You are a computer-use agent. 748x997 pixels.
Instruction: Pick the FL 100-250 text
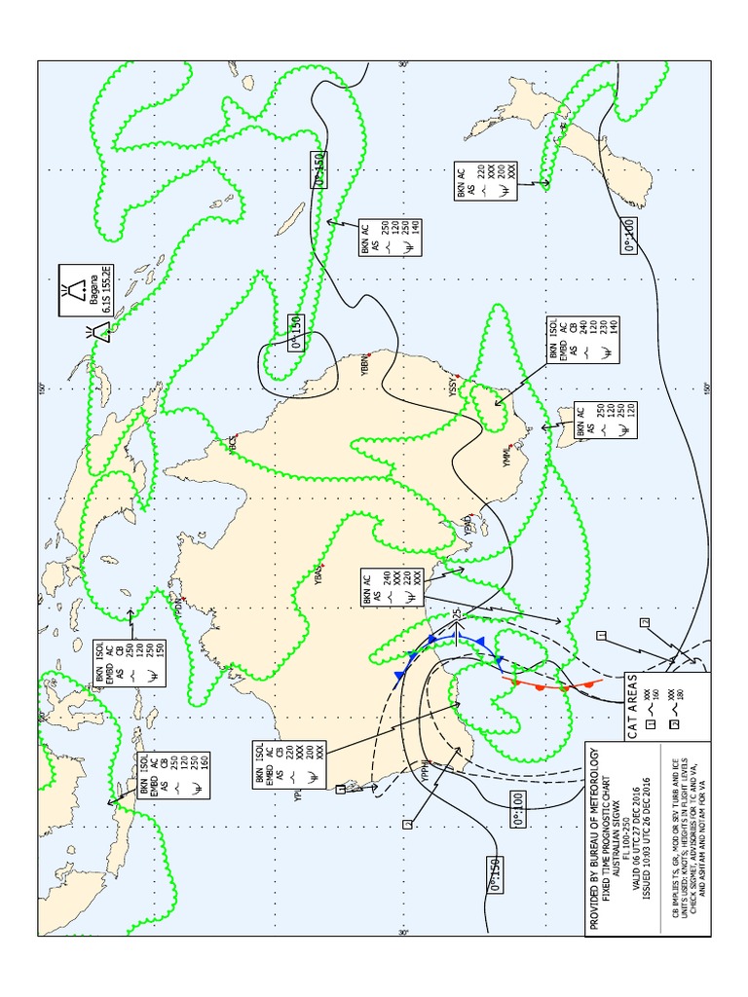click(629, 839)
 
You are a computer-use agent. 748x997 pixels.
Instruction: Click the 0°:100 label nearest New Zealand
click(629, 238)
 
